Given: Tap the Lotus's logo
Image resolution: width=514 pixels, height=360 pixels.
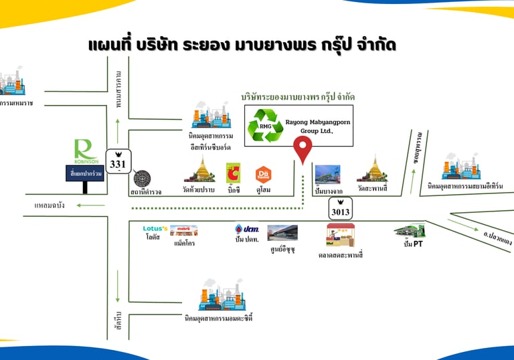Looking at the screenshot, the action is pyautogui.click(x=154, y=229).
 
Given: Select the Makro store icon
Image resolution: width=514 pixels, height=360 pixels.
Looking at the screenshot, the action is pyautogui.click(x=183, y=230).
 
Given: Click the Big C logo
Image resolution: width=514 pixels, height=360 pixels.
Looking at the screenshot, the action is pyautogui.click(x=234, y=173).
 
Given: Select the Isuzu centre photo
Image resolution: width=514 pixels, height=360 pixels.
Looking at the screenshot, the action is pyautogui.click(x=282, y=233).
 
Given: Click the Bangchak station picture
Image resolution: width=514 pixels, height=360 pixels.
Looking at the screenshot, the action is pyautogui.click(x=327, y=174).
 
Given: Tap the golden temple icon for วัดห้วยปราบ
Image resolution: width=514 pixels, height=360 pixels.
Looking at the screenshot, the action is pyautogui.click(x=200, y=170).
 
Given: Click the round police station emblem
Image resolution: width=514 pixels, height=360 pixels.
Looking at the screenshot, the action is pyautogui.click(x=142, y=179).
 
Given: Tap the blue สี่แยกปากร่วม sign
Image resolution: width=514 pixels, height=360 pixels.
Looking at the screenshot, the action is pyautogui.click(x=84, y=175).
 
